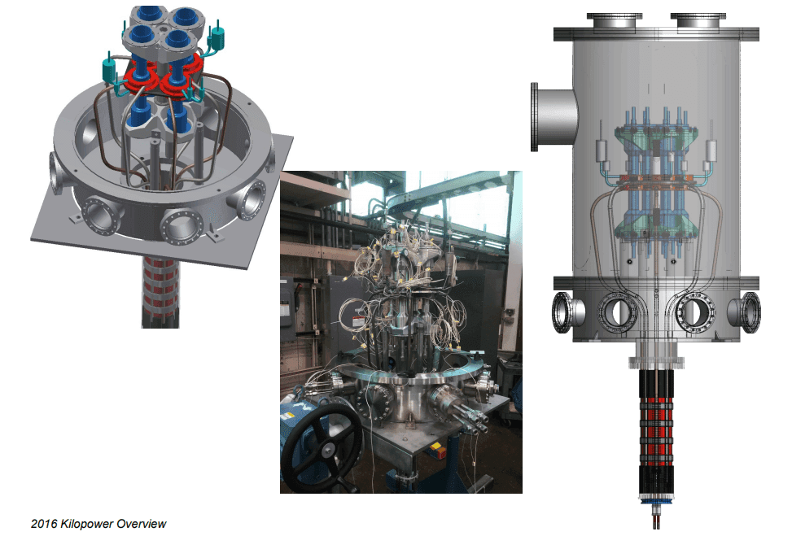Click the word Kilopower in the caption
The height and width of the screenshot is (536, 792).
click(x=87, y=524)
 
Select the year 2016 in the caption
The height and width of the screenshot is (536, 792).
click(x=44, y=524)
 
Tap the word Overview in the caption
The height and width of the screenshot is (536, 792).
click(x=142, y=524)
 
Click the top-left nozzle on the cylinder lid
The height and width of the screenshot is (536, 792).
click(x=615, y=21)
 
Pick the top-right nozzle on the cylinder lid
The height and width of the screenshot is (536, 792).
click(x=698, y=21)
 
